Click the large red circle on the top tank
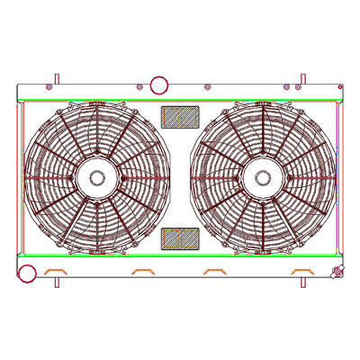[158, 85]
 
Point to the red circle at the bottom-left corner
[23, 272]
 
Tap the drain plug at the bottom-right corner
[337, 273]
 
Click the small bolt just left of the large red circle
[140, 87]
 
